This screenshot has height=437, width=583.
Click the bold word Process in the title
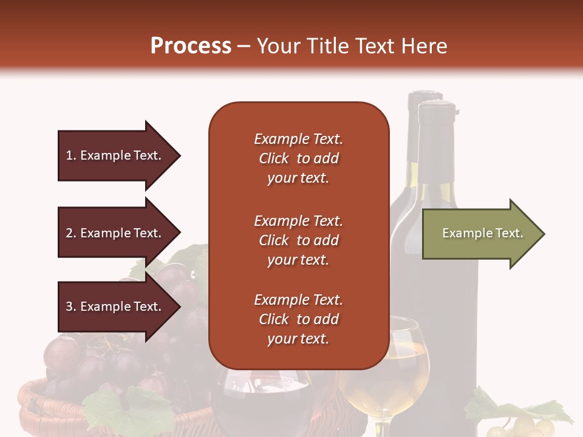[x=191, y=46]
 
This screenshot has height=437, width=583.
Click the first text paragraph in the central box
[x=298, y=158]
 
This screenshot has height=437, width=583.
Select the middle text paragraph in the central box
[x=298, y=240]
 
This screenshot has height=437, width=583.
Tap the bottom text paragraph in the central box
[x=298, y=319]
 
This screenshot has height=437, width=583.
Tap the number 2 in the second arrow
[x=69, y=233]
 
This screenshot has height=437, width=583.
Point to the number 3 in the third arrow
[x=69, y=307]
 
